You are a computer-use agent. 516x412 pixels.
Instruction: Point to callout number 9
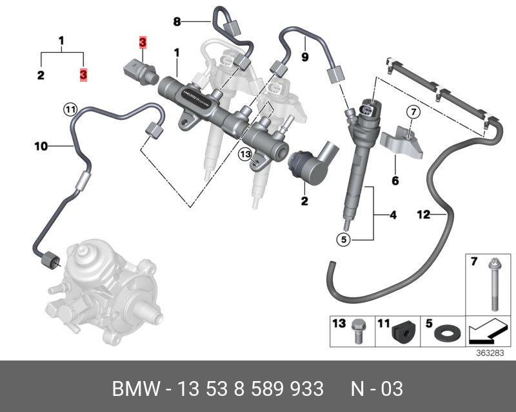pyautogui.click(x=304, y=57)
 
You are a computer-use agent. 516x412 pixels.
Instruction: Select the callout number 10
pyautogui.click(x=41, y=147)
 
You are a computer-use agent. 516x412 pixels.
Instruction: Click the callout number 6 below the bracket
pyautogui.click(x=395, y=182)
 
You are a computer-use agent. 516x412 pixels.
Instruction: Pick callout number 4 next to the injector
pyautogui.click(x=393, y=215)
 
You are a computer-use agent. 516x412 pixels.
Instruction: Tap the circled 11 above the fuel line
pyautogui.click(x=70, y=109)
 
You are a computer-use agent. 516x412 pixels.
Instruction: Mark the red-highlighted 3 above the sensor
pyautogui.click(x=143, y=43)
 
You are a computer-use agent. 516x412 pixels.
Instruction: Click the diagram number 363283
pyautogui.click(x=490, y=353)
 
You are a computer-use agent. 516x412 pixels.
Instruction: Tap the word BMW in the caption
pyautogui.click(x=134, y=389)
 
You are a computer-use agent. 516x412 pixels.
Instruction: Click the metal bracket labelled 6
pyautogui.click(x=403, y=145)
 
